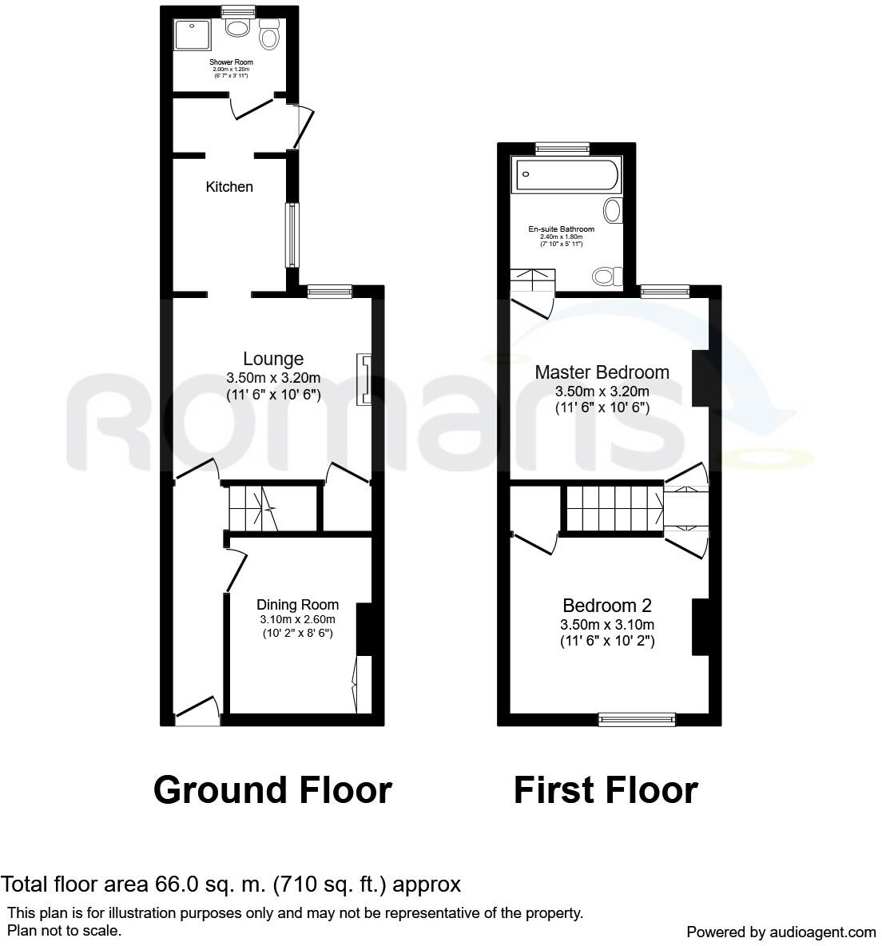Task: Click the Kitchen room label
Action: click(229, 187)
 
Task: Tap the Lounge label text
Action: click(273, 360)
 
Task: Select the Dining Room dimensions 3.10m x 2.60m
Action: click(297, 619)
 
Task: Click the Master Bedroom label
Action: click(602, 372)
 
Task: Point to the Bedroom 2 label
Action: click(607, 606)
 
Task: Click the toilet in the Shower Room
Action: click(270, 37)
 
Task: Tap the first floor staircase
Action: click(614, 509)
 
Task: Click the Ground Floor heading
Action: click(272, 790)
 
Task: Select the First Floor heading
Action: click(606, 790)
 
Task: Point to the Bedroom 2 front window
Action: click(637, 720)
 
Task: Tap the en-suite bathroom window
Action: click(562, 147)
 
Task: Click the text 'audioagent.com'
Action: click(823, 932)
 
